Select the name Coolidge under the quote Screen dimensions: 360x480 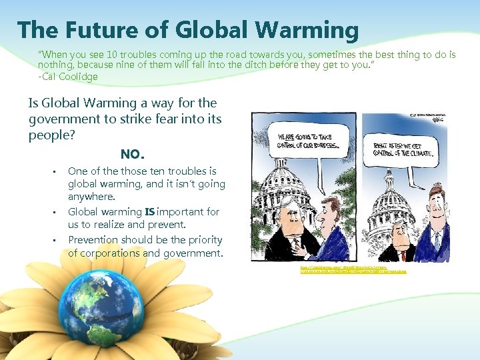tap(78, 77)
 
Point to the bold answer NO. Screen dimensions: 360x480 tap(132, 154)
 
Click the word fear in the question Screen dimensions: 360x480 tap(155, 118)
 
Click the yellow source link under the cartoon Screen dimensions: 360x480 tap(353, 269)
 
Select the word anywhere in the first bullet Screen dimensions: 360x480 tap(91, 197)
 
